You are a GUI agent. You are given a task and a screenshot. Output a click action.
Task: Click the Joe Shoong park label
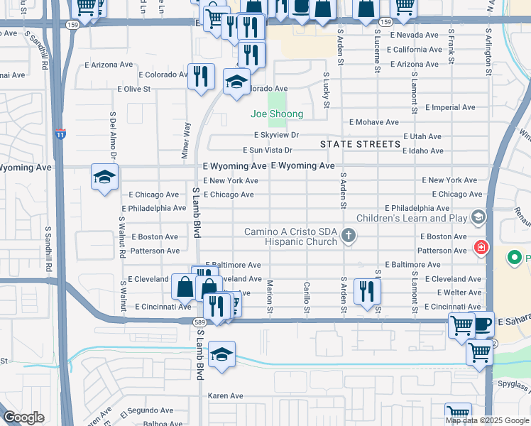pyautogui.click(x=276, y=114)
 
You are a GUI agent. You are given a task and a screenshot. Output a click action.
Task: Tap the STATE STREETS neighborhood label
pyautogui.click(x=360, y=144)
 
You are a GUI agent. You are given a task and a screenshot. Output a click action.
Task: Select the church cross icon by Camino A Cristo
pyautogui.click(x=348, y=235)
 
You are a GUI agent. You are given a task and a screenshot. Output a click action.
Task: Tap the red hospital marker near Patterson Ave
pyautogui.click(x=481, y=248)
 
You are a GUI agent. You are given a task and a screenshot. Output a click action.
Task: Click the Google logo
pyautogui.click(x=23, y=417)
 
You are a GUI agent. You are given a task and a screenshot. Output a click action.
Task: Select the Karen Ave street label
pyautogui.click(x=225, y=395)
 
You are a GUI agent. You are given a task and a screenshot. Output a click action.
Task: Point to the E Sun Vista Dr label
pyautogui.click(x=268, y=150)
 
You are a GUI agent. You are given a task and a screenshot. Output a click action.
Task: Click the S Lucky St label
pyautogui.click(x=327, y=89)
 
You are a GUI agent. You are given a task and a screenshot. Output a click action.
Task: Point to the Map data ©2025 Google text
pyautogui.click(x=487, y=420)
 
